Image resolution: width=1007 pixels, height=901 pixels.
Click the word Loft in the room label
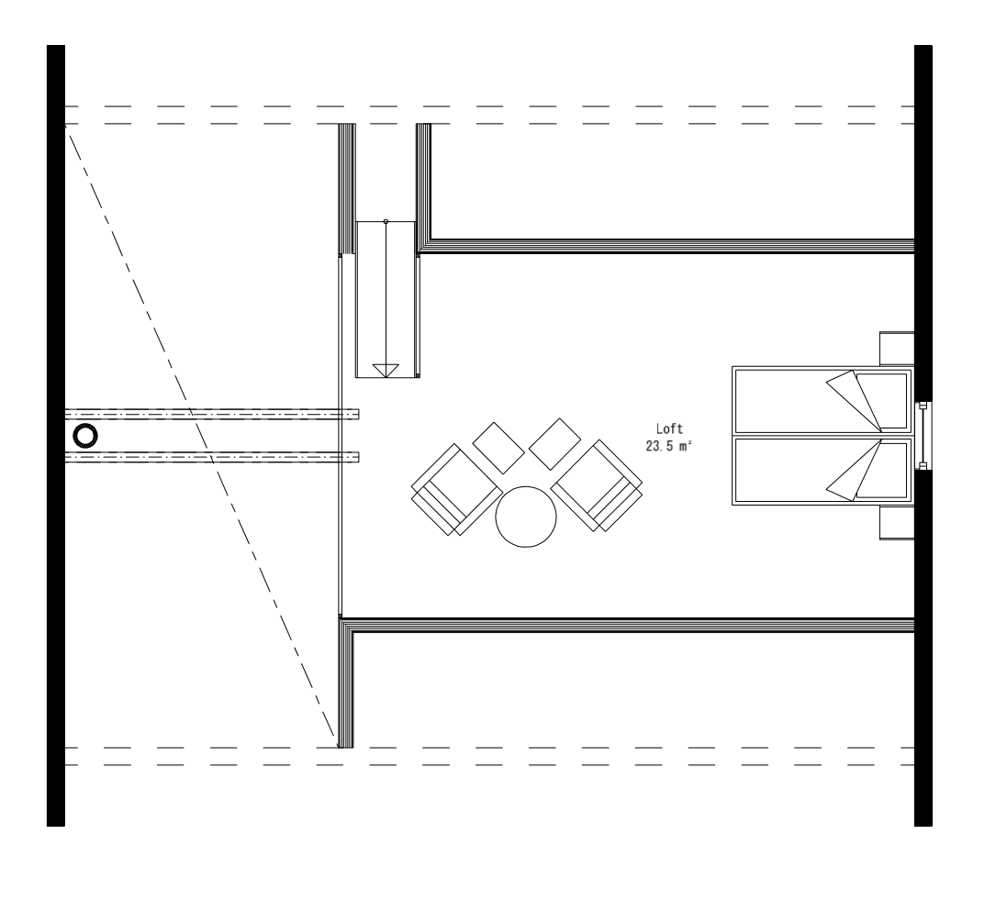point(670,428)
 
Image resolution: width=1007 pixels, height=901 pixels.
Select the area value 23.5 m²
point(670,445)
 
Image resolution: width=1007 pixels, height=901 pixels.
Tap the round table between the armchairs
point(525,517)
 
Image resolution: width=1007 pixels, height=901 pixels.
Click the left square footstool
point(498,448)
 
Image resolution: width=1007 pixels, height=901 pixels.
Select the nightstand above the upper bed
point(896,349)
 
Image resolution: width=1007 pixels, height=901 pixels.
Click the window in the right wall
point(924,436)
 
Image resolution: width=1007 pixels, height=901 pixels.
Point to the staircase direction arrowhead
point(386,370)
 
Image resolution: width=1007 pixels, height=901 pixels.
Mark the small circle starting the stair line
point(386,221)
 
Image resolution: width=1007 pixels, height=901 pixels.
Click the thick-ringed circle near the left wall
point(85,436)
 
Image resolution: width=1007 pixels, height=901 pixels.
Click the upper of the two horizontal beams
point(211,415)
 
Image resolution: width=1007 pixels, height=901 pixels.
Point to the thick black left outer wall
point(55,436)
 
